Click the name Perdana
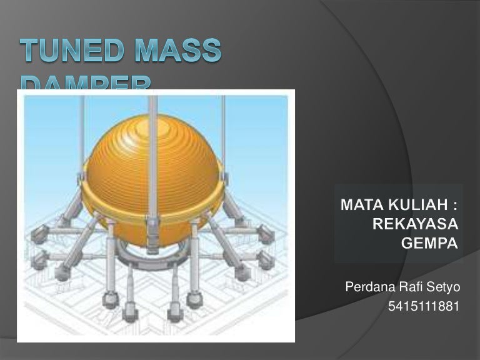[x=367, y=288]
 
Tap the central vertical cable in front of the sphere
[x=152, y=156]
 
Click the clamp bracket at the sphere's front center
[x=152, y=222]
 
